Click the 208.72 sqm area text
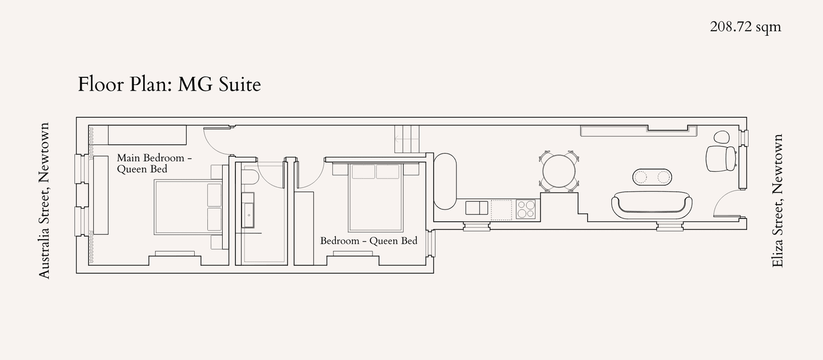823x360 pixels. [x=745, y=27]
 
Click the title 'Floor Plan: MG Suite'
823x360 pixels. [x=170, y=85]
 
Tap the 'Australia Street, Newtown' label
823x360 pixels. [x=44, y=200]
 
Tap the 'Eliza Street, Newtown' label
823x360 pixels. [x=777, y=200]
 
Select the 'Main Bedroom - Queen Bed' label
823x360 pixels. [x=154, y=164]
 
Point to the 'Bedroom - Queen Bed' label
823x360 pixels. [x=369, y=241]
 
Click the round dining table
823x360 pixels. [x=559, y=171]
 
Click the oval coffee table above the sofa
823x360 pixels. [x=652, y=177]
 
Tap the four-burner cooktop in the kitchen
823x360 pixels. [x=526, y=209]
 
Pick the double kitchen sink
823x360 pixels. [x=477, y=208]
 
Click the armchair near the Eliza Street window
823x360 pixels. [x=721, y=159]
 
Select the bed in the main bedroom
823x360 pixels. [x=188, y=207]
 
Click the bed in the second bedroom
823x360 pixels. [x=375, y=198]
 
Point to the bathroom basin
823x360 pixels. [x=247, y=210]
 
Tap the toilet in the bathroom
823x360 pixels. [x=251, y=177]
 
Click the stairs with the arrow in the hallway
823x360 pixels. [x=407, y=139]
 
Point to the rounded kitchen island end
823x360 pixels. [x=445, y=182]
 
